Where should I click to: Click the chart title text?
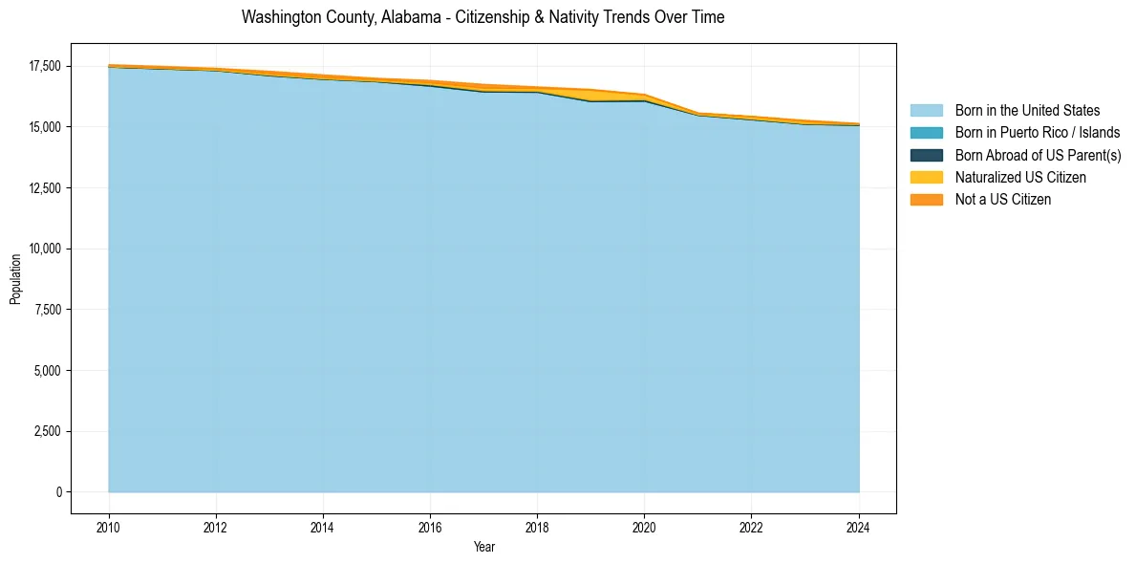pos(482,17)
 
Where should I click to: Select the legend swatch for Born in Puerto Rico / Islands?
pos(926,133)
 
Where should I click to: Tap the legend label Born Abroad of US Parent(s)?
pos(1038,155)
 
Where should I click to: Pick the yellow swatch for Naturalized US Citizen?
pos(926,178)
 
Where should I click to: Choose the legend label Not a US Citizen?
pos(1002,200)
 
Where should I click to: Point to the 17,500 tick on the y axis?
pos(45,66)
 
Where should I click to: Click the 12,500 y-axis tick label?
pos(45,188)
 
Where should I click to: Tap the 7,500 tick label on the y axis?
pos(49,310)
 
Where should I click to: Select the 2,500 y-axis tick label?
pos(49,431)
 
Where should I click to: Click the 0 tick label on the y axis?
pos(58,492)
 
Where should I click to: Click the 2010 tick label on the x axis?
pos(109,527)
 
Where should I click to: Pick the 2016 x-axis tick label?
pos(430,527)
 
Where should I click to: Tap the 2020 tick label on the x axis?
pos(644,527)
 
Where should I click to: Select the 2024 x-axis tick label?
pos(859,527)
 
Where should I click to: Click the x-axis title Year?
pos(483,547)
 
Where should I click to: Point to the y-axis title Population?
pos(15,279)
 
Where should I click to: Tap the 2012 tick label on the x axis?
pos(216,527)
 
